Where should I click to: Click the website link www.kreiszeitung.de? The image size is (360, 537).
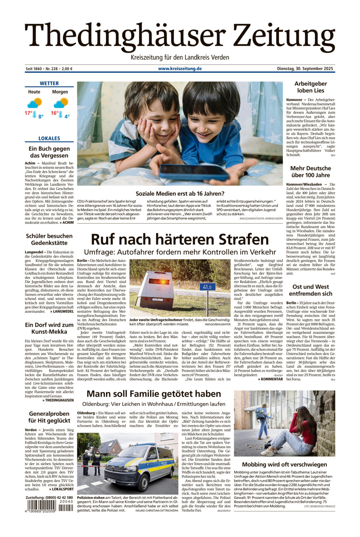180,69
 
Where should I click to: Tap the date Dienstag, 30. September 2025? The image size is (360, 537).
305,69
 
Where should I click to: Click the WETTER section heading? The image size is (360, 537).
49,83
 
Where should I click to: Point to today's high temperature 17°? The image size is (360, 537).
28,113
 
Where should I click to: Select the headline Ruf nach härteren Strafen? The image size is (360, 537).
180,240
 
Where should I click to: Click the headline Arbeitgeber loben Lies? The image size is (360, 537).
310,87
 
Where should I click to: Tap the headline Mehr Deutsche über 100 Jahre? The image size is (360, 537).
310,172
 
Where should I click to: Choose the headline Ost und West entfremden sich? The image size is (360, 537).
310,290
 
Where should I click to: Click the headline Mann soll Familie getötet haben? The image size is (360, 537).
154,394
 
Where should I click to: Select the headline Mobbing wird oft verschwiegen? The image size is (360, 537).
284,464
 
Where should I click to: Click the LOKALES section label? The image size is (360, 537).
49,138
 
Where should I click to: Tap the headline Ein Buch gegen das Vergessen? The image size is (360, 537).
49,152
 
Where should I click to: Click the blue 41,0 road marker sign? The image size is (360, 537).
207,286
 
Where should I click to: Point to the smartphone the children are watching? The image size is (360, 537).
194,172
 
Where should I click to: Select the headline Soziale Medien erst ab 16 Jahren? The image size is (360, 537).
180,193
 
